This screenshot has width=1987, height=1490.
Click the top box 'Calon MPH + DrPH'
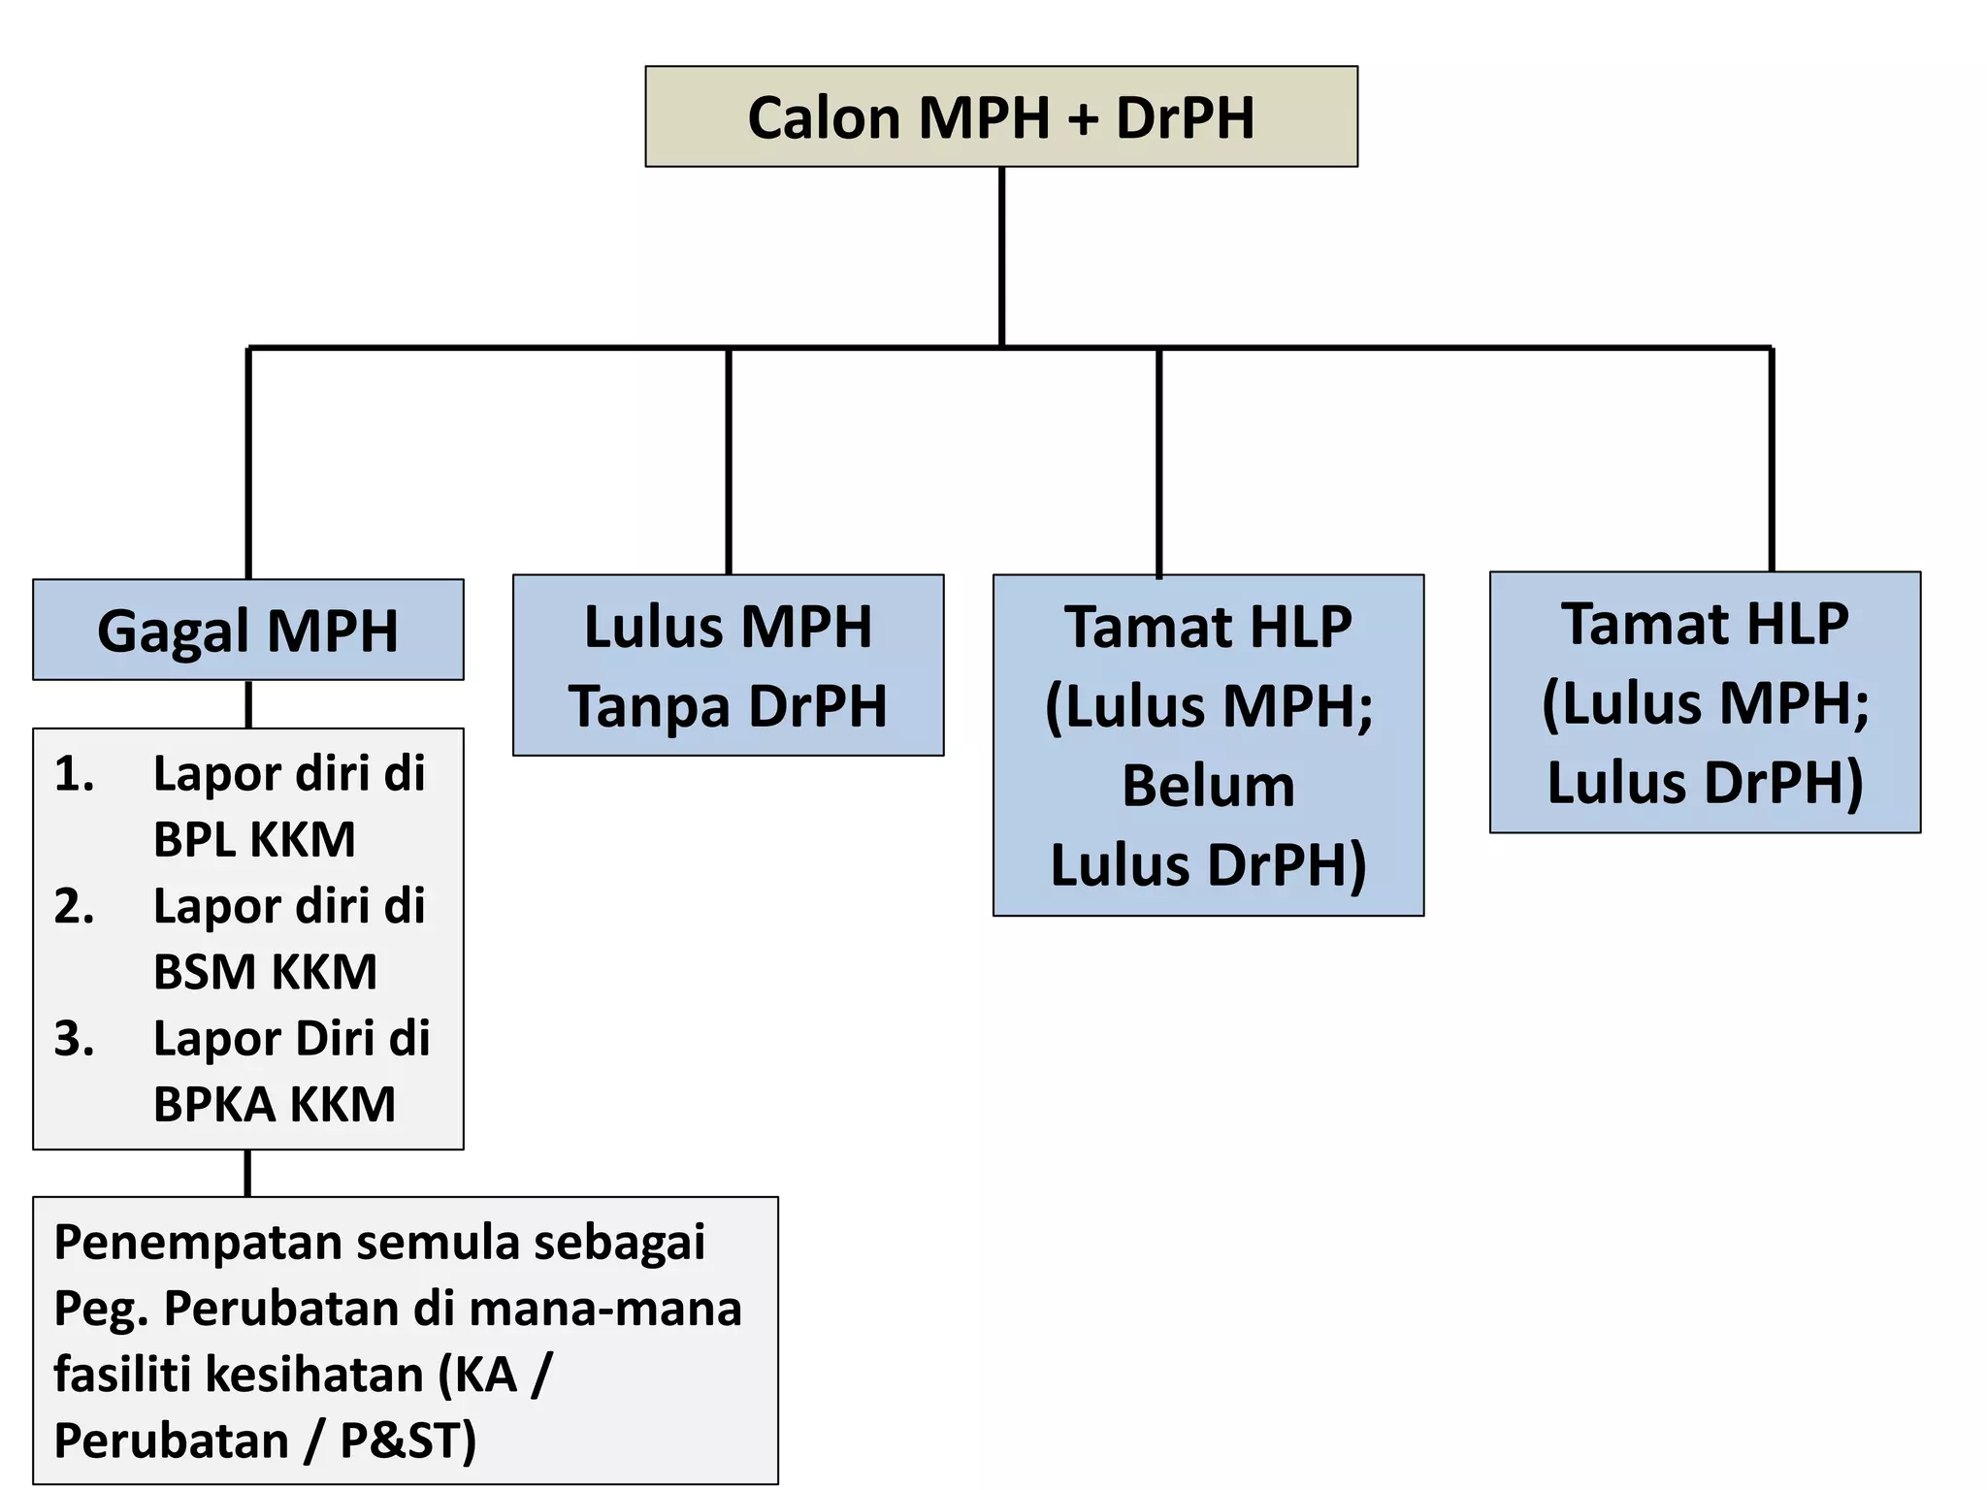click(x=1000, y=116)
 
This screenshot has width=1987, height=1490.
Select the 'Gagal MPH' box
click(x=247, y=630)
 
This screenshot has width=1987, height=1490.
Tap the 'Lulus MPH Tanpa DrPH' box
click(x=728, y=665)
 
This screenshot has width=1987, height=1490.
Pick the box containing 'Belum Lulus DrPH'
click(x=1208, y=745)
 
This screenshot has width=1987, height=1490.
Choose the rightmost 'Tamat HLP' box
click(x=1705, y=702)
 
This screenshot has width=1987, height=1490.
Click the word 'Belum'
click(x=1208, y=786)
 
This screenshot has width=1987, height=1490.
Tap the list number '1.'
click(x=74, y=774)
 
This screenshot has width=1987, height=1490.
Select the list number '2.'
click(x=74, y=906)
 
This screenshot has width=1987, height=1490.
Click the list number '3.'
click(x=74, y=1038)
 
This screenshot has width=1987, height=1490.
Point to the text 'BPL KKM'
click(x=254, y=839)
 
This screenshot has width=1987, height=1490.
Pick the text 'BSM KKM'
click(x=265, y=972)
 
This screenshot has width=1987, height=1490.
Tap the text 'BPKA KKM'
click(x=275, y=1104)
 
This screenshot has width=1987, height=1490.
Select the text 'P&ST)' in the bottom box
click(x=407, y=1441)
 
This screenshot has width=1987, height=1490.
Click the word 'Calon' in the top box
click(x=824, y=118)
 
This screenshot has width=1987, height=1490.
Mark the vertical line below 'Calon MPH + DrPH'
click(x=1001, y=257)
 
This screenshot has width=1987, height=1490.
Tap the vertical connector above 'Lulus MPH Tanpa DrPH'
click(x=728, y=461)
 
